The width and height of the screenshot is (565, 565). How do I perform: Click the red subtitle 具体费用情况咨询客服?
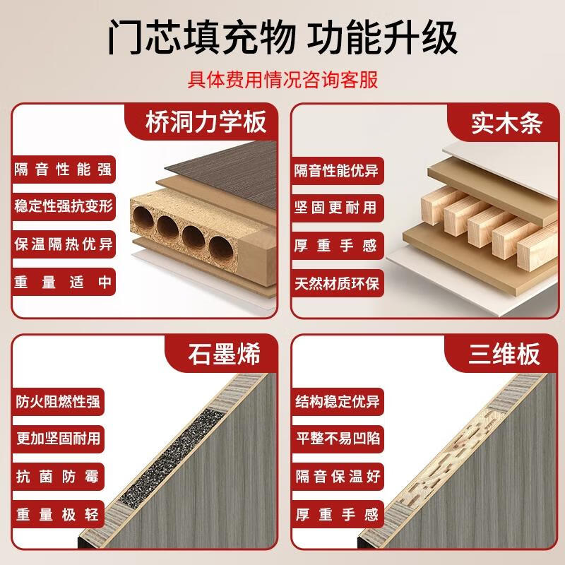click(x=282, y=78)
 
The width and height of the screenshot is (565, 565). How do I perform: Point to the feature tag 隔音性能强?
click(x=63, y=170)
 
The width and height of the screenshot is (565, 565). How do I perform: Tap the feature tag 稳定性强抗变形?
click(x=63, y=207)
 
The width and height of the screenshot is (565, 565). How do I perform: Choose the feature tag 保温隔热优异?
click(x=63, y=244)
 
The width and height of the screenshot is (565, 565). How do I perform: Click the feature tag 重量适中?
click(x=63, y=282)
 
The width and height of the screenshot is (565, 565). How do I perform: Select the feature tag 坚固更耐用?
click(x=336, y=208)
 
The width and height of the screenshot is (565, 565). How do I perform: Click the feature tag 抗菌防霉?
click(x=58, y=475)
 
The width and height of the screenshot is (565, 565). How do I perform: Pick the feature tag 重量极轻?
click(x=58, y=513)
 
